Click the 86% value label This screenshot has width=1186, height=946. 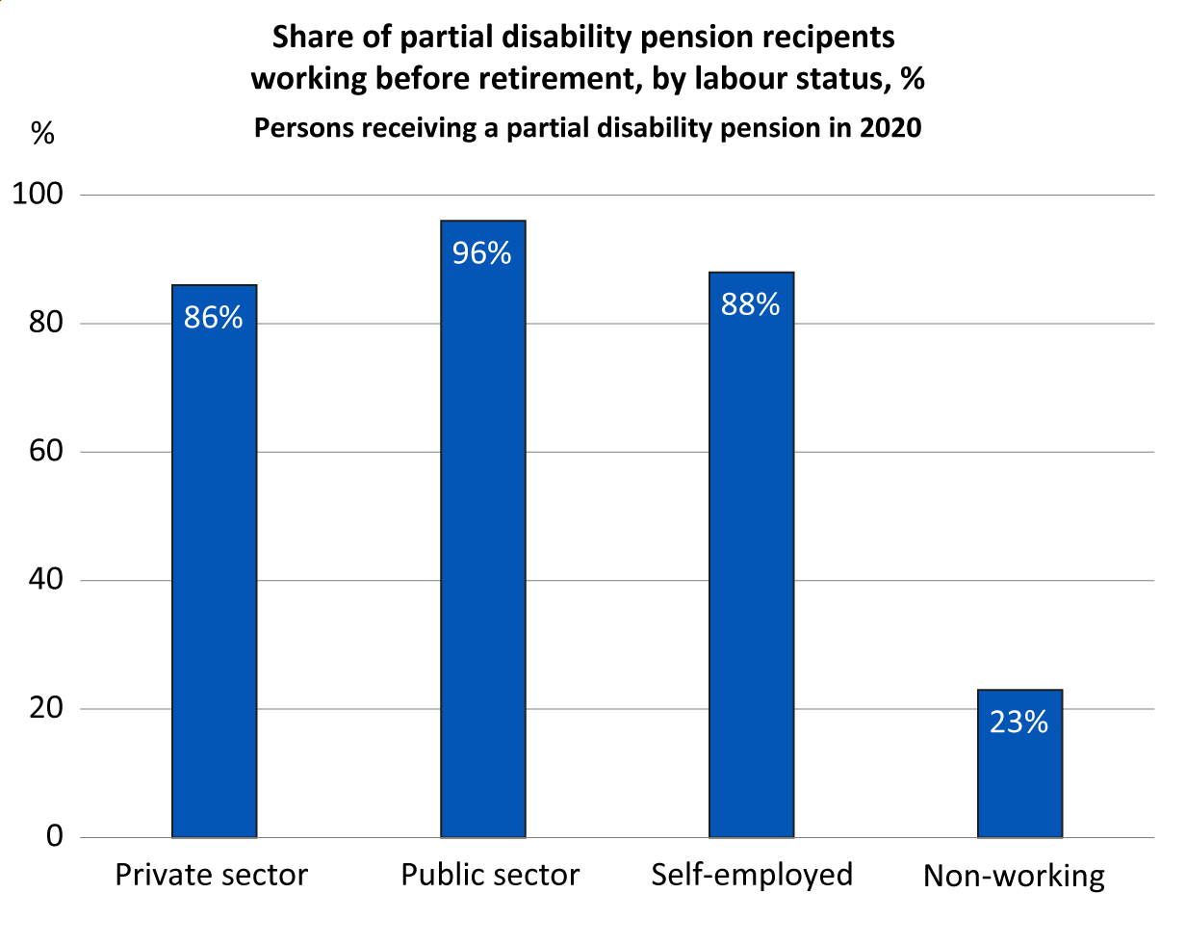(214, 318)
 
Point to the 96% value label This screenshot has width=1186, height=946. (482, 253)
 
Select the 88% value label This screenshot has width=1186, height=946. (751, 304)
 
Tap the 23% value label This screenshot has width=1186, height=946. (1019, 723)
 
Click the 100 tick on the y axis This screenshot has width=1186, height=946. (37, 195)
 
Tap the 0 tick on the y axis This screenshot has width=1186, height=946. (54, 836)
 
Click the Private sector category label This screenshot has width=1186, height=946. (212, 875)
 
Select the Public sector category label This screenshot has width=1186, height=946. (490, 875)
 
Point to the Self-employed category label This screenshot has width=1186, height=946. (752, 875)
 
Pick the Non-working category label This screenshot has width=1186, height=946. (1014, 877)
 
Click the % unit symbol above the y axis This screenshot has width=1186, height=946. (43, 134)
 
